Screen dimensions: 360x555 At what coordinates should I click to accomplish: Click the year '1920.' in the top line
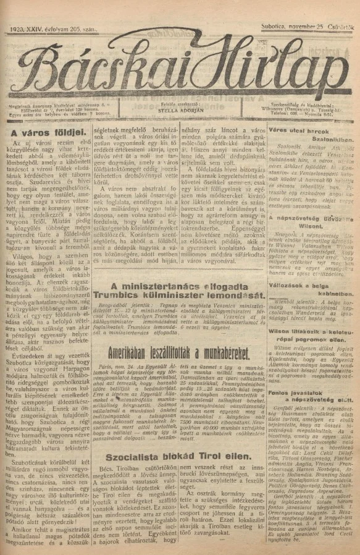point(17,28)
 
